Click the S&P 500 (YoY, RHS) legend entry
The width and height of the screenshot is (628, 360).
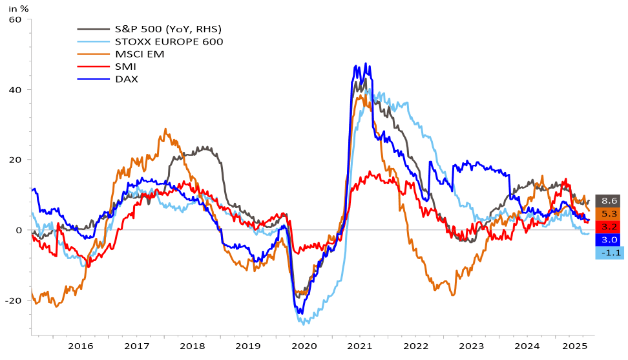coord(168,29)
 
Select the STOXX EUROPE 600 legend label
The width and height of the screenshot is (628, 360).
coord(169,42)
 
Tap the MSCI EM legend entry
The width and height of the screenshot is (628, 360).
coord(140,54)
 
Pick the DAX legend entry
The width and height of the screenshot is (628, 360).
coord(127,79)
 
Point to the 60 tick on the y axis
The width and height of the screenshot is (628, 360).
coord(16,19)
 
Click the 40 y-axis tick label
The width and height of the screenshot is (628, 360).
coord(16,90)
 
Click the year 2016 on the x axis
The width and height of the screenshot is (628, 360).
coord(81,347)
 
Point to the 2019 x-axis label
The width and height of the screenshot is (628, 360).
coord(248,347)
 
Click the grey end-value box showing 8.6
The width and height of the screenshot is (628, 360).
coord(607,201)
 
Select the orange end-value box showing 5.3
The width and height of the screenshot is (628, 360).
coord(607,214)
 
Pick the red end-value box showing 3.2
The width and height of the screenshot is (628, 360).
coord(607,227)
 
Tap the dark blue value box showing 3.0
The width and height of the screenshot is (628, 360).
coord(607,240)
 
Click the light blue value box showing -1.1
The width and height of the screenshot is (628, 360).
coord(607,253)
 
